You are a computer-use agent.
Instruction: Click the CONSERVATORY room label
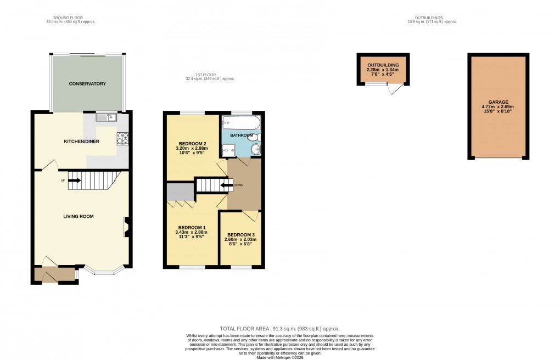(x=87, y=84)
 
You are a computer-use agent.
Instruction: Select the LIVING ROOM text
(x=78, y=216)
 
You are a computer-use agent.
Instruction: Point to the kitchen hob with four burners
(x=122, y=139)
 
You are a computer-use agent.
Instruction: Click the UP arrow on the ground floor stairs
(x=74, y=179)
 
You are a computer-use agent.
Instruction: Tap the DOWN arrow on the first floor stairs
(x=225, y=185)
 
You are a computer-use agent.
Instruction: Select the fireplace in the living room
(x=126, y=227)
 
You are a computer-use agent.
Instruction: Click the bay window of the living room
(x=103, y=271)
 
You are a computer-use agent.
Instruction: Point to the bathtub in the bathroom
(x=242, y=123)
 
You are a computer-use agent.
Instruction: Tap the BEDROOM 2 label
(x=186, y=143)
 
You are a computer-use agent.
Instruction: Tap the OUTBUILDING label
(x=383, y=65)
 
